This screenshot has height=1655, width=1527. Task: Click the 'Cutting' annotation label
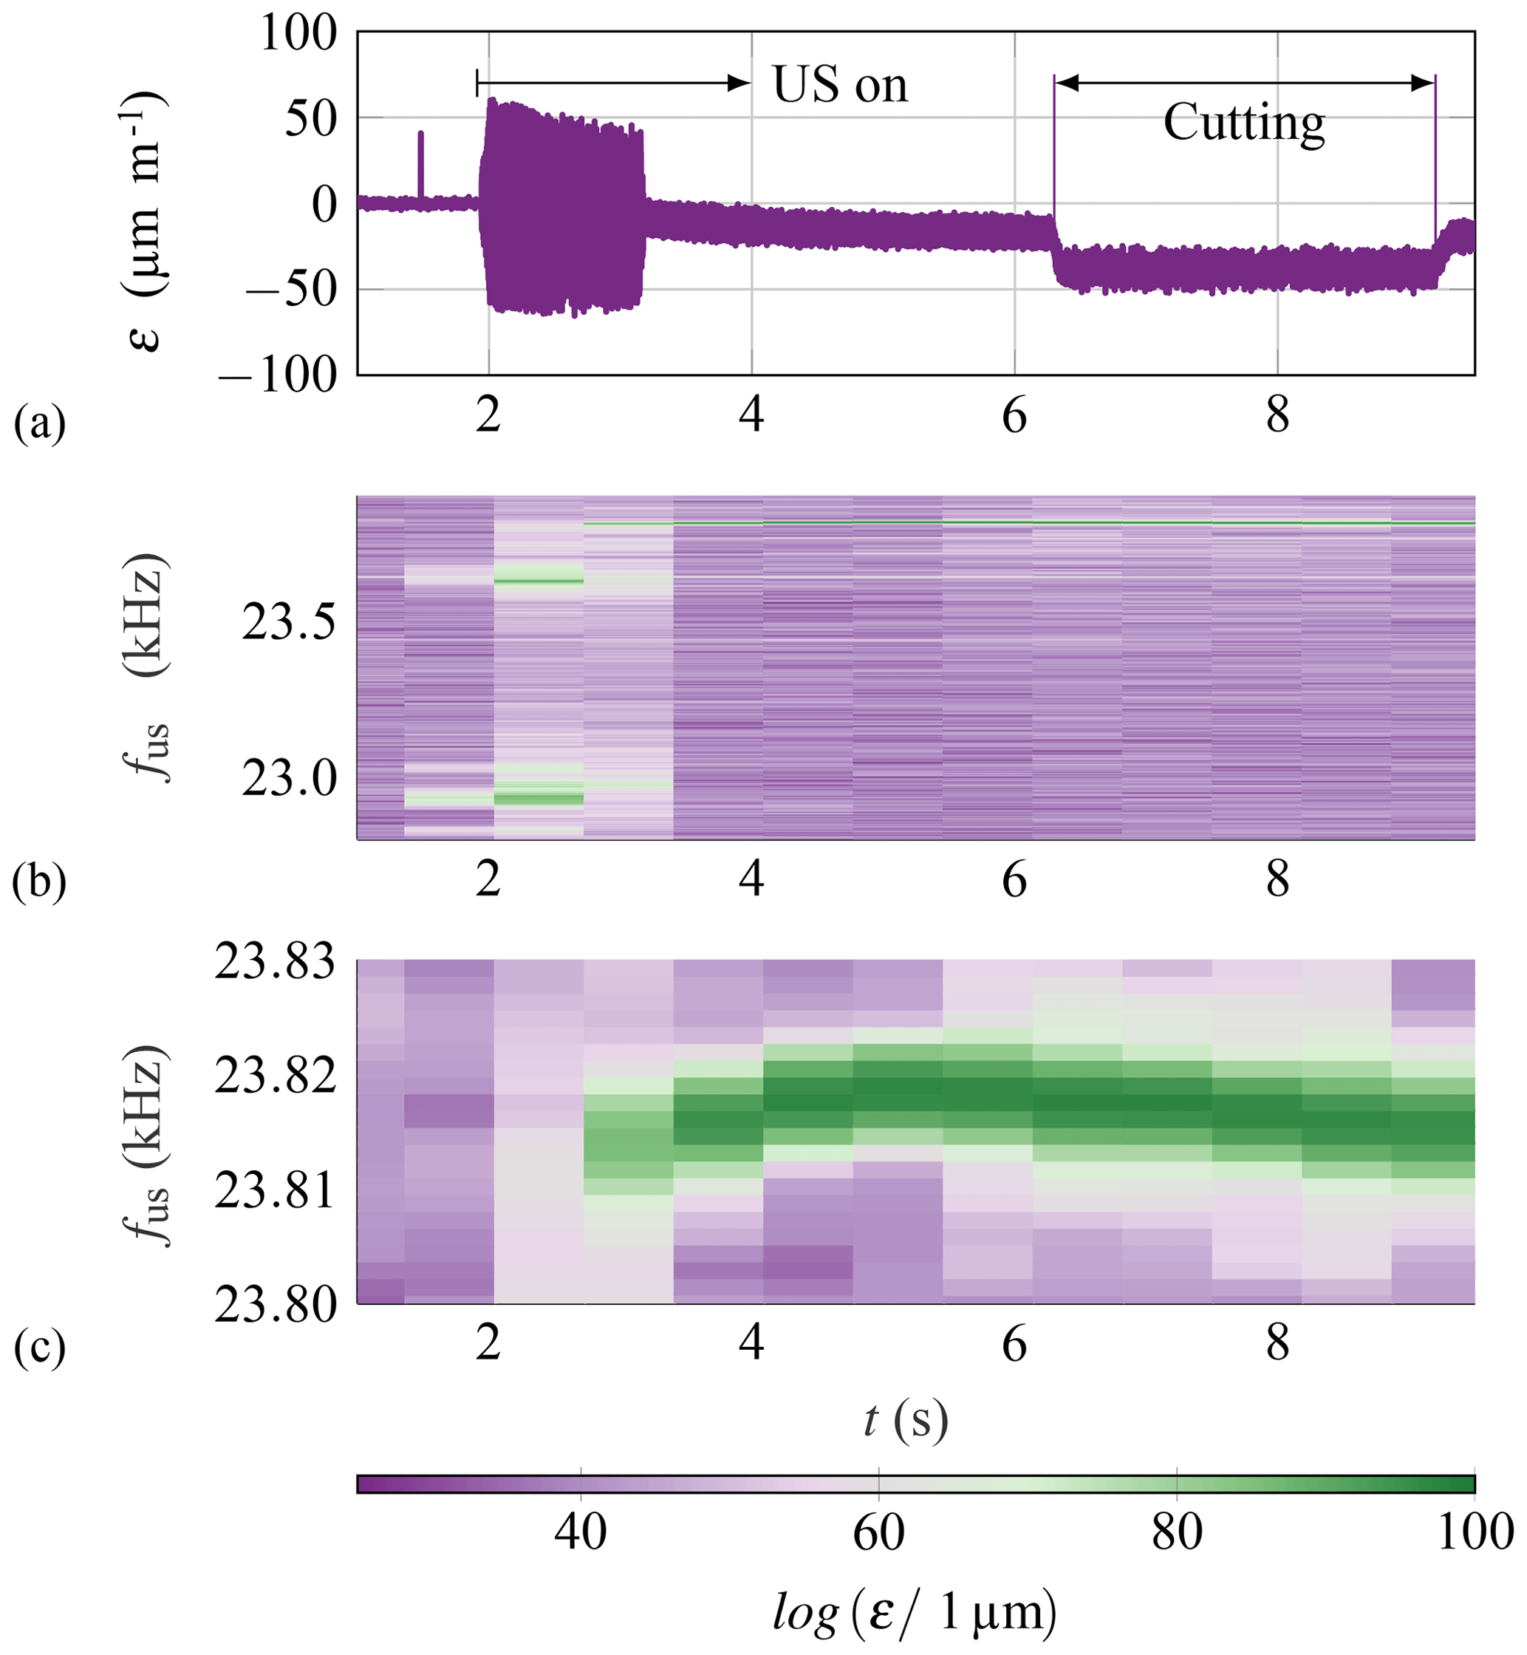click(1243, 123)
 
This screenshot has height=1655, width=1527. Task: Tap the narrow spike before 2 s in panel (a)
click(420, 165)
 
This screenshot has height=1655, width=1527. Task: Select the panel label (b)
click(39, 881)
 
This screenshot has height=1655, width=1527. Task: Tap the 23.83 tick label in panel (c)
click(275, 962)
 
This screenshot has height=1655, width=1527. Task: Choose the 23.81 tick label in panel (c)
click(275, 1191)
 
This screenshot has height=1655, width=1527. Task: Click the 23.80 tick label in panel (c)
click(275, 1306)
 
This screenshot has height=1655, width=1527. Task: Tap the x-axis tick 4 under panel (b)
click(751, 880)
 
